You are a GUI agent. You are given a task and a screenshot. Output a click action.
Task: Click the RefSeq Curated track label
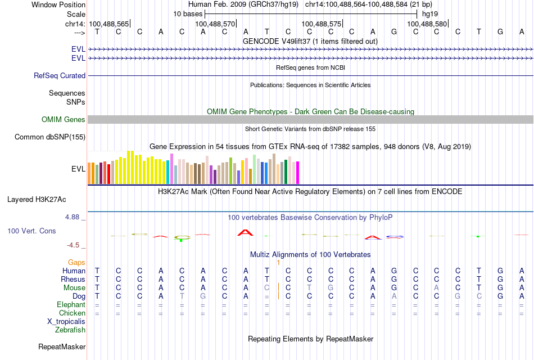(x=60, y=75)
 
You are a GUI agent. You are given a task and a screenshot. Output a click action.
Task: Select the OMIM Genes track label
(x=64, y=119)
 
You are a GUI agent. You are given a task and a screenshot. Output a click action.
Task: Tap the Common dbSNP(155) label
(x=50, y=137)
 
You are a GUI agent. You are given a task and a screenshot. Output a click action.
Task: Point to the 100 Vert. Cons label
(x=31, y=231)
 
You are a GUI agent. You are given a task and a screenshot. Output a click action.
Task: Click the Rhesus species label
(x=73, y=279)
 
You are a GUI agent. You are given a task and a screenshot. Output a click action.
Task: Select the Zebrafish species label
(x=70, y=330)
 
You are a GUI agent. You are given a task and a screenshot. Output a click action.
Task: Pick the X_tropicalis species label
(x=66, y=321)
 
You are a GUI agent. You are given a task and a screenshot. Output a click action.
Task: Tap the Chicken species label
(x=72, y=313)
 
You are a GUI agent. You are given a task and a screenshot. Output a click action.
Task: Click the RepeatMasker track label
(x=62, y=346)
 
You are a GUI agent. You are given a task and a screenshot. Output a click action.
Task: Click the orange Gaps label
(x=76, y=262)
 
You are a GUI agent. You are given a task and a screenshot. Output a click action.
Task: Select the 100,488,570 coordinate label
(x=215, y=24)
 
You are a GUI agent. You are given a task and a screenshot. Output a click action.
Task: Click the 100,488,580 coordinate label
(x=428, y=24)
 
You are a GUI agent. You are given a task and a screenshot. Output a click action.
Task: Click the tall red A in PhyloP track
(x=245, y=232)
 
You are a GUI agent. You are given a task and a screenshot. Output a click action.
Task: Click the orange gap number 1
(x=278, y=262)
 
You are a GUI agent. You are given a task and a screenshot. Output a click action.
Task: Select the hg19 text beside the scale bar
(x=430, y=13)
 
